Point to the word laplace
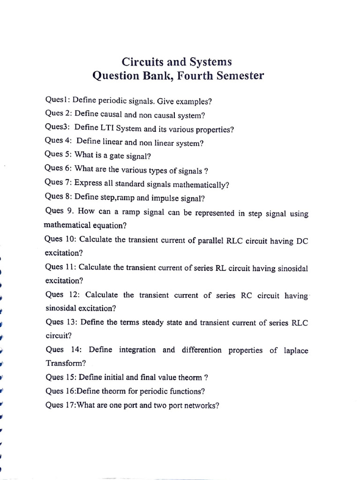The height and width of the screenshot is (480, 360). (296, 351)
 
